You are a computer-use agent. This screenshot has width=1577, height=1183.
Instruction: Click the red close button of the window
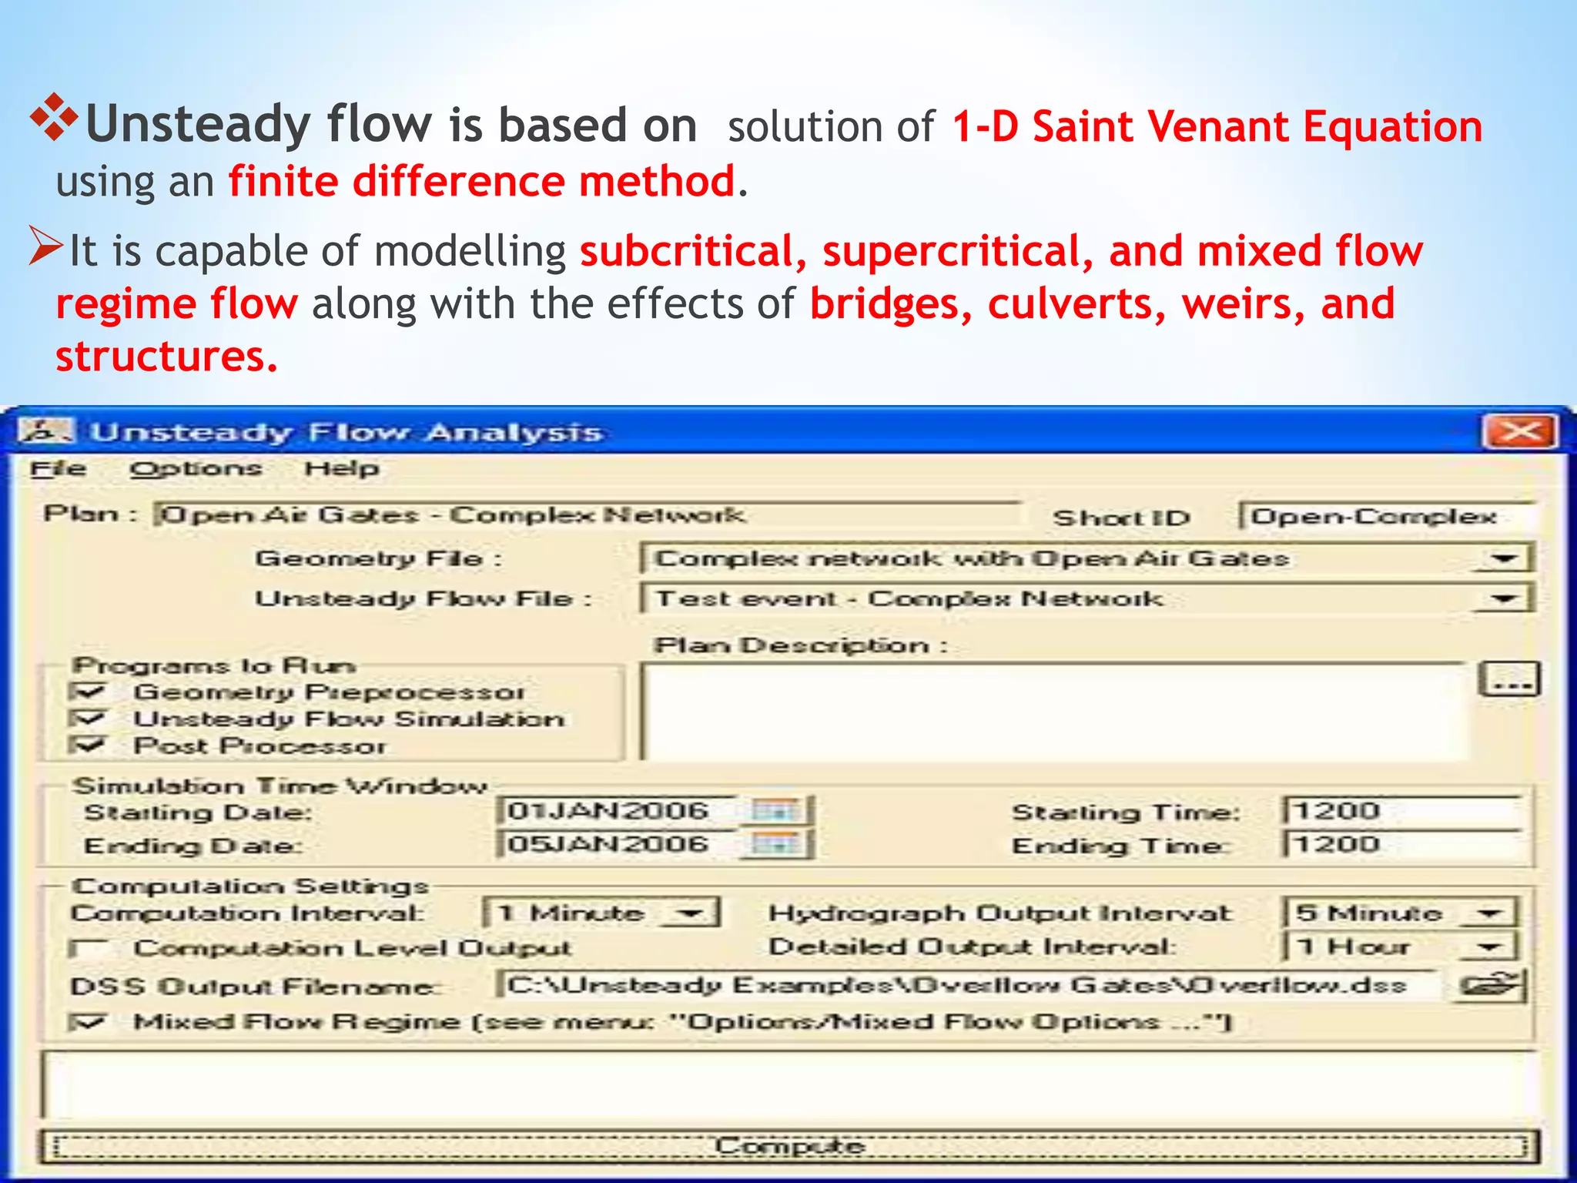pos(1520,432)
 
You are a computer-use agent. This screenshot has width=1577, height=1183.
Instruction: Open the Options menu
pos(196,468)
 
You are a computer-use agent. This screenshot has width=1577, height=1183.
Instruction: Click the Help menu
pos(342,468)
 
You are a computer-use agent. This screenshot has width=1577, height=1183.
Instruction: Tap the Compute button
pos(788,1146)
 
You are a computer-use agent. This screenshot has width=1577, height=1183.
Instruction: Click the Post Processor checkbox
pos(86,745)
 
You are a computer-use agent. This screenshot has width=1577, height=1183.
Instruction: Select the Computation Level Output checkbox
pos(86,948)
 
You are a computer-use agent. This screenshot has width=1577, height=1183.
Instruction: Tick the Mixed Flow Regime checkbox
pos(86,1022)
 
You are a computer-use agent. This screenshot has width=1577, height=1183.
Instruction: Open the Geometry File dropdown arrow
pos(1503,558)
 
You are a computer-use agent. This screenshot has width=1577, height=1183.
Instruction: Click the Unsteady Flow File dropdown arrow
pos(1503,598)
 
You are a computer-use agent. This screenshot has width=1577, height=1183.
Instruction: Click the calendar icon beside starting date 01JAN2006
pos(775,810)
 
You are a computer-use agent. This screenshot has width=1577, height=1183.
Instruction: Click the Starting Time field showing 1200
pos(1401,811)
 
